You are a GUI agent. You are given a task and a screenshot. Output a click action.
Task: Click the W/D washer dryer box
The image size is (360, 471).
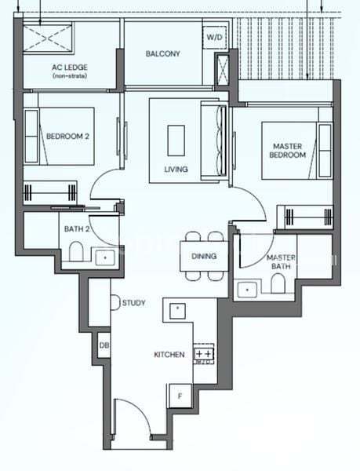[x=214, y=37]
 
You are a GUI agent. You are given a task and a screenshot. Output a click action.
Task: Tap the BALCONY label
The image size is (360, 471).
[x=163, y=53]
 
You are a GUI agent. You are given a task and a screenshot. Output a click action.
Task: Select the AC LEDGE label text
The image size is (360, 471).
[x=70, y=68]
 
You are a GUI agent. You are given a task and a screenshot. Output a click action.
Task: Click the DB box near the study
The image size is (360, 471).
[x=104, y=345]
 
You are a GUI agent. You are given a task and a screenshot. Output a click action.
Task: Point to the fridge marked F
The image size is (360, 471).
[x=180, y=396]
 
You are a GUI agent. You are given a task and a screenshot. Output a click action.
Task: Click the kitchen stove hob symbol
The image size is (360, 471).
[x=204, y=353]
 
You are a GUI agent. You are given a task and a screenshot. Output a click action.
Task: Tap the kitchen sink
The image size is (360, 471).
[x=177, y=311]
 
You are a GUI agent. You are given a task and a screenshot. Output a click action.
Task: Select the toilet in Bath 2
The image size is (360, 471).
[x=76, y=252]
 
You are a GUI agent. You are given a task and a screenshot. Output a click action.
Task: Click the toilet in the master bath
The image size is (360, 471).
[x=278, y=283]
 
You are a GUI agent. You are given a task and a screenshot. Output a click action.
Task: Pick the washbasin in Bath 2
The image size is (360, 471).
[x=105, y=257]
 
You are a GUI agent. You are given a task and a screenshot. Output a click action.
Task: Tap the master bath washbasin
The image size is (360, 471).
[x=247, y=290]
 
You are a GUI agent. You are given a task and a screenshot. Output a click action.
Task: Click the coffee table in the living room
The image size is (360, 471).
[x=176, y=141]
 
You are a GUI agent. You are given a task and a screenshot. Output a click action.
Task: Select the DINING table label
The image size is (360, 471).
[x=204, y=256]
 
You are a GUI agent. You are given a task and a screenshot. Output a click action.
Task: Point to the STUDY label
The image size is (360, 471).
[x=134, y=303]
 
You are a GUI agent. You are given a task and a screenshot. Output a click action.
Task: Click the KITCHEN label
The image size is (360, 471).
[x=169, y=355]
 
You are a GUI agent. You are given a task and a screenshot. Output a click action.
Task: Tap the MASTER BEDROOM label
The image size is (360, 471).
[x=287, y=151]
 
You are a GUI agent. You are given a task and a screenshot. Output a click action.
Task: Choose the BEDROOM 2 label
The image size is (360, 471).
[x=67, y=137]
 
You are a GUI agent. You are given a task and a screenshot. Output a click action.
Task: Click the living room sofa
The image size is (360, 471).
[x=214, y=140]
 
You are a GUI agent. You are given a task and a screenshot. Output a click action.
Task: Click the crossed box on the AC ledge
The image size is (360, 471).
[x=48, y=38]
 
